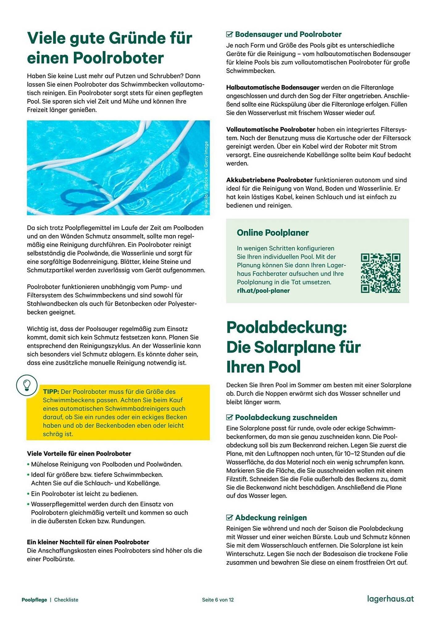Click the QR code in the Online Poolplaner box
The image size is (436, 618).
coord(380,273)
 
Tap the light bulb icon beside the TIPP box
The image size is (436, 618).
coord(27,385)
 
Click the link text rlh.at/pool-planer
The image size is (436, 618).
coord(263,290)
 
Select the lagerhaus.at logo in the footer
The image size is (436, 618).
coord(390,599)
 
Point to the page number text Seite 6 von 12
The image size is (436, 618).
coord(218,600)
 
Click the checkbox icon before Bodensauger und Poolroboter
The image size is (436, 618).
coord(229,34)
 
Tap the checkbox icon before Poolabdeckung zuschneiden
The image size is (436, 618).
coord(229,417)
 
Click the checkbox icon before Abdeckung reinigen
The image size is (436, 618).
coord(229,518)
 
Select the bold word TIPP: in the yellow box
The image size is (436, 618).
coord(51,392)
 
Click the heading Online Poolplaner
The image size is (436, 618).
coord(273,233)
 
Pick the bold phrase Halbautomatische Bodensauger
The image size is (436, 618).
coord(273,87)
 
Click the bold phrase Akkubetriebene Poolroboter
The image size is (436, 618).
coord(269,180)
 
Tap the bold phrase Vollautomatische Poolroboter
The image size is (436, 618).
coord(271,129)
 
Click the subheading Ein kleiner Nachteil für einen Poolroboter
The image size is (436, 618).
coord(88,542)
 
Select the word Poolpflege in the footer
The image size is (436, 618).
coord(34,600)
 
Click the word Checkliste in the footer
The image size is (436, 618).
coord(66,600)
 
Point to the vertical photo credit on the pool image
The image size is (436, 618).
coord(206,177)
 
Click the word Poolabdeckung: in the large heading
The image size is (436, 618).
coord(286,328)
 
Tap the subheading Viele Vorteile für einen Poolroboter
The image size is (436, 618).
coord(79,454)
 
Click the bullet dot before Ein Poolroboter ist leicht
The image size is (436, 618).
coord(28,494)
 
